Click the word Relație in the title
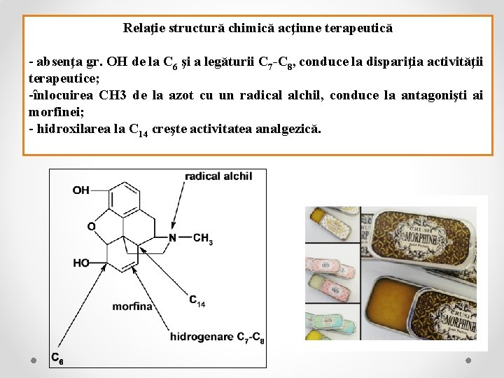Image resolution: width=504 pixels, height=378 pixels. (142, 29)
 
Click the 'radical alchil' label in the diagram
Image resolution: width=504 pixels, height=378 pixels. (218, 176)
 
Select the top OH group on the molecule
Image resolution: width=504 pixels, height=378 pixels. (80, 190)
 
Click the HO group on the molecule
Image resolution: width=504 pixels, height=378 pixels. (81, 262)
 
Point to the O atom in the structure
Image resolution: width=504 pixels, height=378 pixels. (91, 226)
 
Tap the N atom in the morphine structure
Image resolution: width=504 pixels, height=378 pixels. (172, 237)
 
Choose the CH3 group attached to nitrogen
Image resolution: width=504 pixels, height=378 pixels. (202, 239)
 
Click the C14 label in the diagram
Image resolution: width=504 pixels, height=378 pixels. (197, 300)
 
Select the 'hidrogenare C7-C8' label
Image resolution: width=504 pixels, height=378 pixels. (216, 337)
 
